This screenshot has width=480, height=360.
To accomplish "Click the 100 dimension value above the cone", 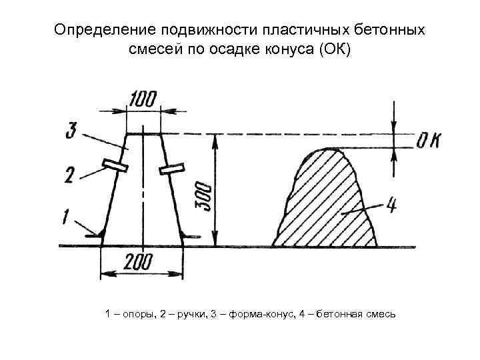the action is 143,100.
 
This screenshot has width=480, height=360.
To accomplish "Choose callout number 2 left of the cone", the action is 70,176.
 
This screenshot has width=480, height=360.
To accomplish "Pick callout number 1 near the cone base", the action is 67,217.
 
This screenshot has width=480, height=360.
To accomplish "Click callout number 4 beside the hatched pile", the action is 392,206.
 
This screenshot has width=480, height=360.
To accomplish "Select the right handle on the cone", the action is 171,169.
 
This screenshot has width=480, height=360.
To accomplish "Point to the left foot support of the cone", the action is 97,233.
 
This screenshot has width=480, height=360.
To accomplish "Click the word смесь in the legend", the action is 380,313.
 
